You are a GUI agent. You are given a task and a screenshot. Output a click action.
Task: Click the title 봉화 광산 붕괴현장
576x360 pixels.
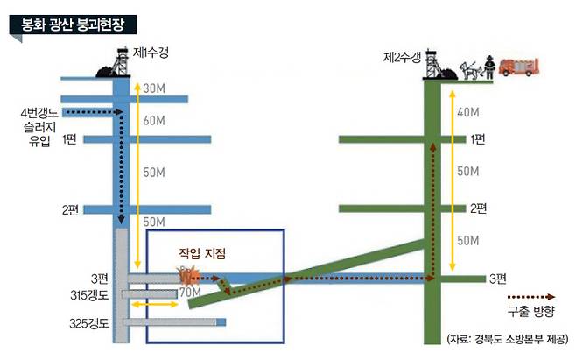[x=73, y=25]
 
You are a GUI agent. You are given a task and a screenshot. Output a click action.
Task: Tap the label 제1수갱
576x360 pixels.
[x=151, y=53]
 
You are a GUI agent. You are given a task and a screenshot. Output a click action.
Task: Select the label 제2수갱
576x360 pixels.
[x=402, y=57]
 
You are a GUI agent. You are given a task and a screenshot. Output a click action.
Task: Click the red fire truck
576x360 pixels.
[x=518, y=67]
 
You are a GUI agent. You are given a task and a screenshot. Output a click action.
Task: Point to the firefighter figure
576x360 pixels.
[x=489, y=67]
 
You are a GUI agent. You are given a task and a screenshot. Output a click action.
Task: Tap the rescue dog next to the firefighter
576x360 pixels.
[x=471, y=70]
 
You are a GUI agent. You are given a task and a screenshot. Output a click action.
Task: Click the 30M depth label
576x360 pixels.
[x=154, y=88]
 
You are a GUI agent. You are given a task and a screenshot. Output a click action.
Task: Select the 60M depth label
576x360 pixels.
[x=154, y=120]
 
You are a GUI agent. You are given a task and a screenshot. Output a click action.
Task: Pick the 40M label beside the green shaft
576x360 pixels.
[x=468, y=112]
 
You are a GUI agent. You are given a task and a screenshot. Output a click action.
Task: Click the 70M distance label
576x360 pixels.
[x=190, y=293]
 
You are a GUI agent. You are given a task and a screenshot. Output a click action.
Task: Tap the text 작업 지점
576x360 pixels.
[x=202, y=253]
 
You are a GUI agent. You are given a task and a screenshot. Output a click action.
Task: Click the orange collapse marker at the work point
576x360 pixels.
[x=188, y=276]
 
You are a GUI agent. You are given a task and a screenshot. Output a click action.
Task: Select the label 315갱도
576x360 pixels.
[x=89, y=295]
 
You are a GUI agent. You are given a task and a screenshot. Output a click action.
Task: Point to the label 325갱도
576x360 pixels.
[x=89, y=323]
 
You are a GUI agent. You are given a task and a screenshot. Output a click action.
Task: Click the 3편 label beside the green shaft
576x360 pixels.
[x=498, y=279]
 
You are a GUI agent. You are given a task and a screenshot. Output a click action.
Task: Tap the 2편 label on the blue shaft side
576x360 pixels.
[x=70, y=209]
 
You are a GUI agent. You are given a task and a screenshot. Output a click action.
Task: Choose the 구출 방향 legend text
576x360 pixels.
[x=530, y=311]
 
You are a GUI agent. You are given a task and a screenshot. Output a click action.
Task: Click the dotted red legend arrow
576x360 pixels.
[x=531, y=297]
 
